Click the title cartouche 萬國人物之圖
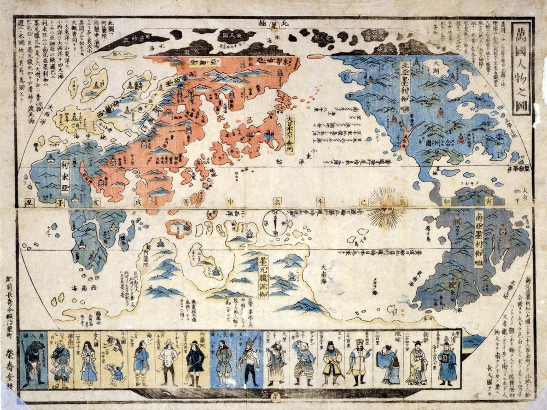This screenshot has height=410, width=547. (521, 69)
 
